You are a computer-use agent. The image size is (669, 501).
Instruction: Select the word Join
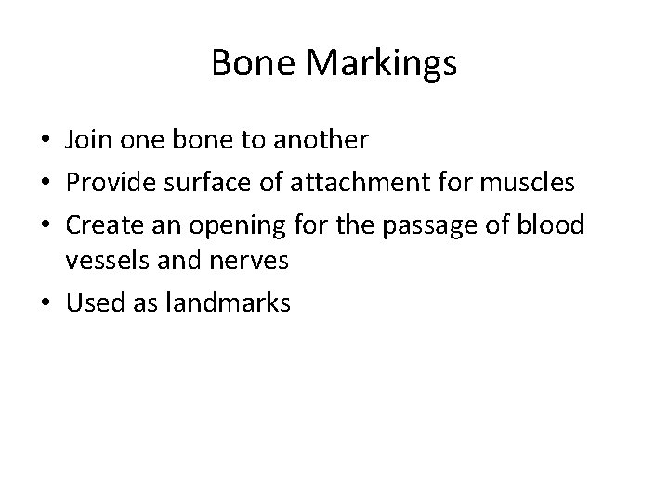tap(87, 140)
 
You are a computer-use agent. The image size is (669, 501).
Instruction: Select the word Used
tap(90, 302)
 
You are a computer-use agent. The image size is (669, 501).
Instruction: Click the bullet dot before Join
tap(45, 141)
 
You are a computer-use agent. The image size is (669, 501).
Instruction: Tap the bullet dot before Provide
tap(45, 182)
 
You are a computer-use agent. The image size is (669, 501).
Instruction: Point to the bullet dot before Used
tap(45, 302)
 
